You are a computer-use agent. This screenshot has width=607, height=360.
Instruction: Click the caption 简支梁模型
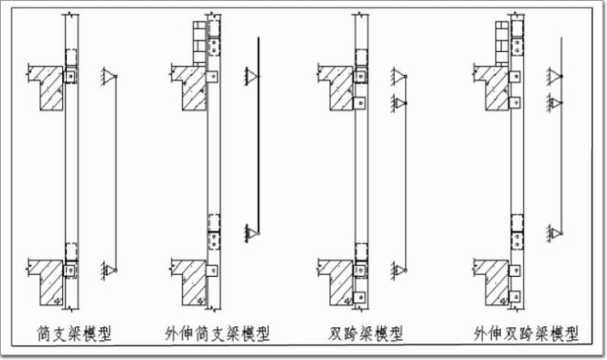point(74,334)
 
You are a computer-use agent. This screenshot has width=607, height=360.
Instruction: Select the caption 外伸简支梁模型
point(218,334)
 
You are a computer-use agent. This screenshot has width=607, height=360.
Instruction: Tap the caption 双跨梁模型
point(366,334)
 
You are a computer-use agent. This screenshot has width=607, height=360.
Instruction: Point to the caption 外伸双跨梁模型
point(527,334)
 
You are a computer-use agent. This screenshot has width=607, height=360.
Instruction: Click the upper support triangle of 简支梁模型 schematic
point(110,76)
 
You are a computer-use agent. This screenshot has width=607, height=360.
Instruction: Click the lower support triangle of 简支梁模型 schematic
point(110,270)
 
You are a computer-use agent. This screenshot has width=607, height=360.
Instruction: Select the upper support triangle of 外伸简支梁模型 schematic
point(252,76)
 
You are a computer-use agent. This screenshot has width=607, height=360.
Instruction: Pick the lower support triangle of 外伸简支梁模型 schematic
point(252,233)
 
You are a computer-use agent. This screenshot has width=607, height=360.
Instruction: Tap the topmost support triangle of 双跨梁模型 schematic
point(399,76)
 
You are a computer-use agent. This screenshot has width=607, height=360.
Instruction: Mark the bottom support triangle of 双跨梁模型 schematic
point(399,270)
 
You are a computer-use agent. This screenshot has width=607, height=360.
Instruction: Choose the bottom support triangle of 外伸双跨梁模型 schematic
point(555,233)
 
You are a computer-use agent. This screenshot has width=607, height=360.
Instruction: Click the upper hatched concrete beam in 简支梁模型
point(48,87)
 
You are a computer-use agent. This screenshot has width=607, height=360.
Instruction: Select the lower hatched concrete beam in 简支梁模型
point(48,281)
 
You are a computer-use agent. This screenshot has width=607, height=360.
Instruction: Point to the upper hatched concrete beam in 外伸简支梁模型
point(191,87)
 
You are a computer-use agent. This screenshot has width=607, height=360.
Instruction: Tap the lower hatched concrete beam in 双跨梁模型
point(338,281)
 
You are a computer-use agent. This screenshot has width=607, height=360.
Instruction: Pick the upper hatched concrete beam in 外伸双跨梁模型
point(494,87)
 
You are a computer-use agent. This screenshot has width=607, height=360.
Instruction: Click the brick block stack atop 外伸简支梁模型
point(199,43)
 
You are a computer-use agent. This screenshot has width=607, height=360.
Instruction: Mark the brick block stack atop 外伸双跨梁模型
point(502,43)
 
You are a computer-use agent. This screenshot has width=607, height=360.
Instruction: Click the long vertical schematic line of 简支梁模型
point(116,173)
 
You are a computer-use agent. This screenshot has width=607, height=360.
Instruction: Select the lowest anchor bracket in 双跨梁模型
point(359,297)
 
